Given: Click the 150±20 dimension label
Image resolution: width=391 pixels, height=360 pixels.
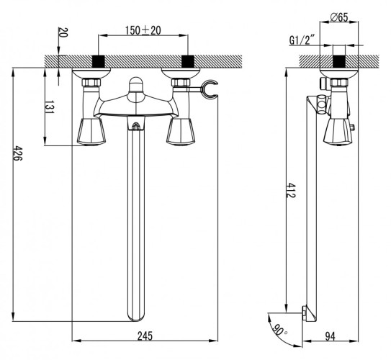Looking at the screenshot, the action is click(x=143, y=31).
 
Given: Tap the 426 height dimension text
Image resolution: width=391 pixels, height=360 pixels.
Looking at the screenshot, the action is click(x=18, y=153).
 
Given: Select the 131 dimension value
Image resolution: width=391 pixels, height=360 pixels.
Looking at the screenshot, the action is click(x=50, y=107).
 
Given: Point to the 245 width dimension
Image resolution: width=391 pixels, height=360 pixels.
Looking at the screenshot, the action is click(x=145, y=336).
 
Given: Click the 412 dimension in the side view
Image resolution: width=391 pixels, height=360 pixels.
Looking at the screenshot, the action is click(x=291, y=191).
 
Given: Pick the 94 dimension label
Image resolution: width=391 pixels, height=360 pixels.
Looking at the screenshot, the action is click(x=331, y=336).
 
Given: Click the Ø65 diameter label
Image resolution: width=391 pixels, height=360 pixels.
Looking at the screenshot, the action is click(x=339, y=17).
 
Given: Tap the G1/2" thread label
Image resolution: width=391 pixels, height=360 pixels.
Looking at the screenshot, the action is click(x=302, y=40).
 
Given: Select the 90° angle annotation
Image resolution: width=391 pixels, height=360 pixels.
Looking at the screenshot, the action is click(x=279, y=330).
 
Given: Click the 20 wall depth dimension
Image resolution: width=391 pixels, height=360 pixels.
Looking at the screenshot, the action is click(x=63, y=32).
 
